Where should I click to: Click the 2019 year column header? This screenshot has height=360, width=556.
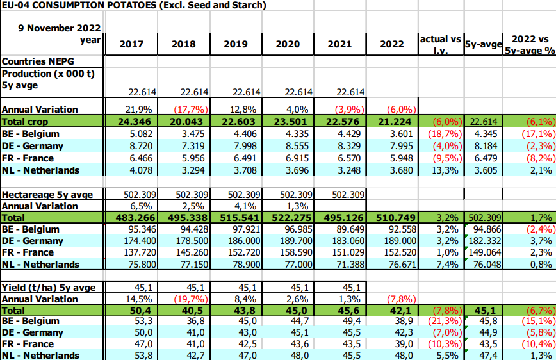click(235, 44)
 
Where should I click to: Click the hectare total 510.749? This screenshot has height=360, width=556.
click(391, 218)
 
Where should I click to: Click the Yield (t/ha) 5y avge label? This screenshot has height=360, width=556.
click(49, 288)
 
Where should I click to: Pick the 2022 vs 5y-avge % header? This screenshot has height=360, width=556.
click(528, 44)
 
